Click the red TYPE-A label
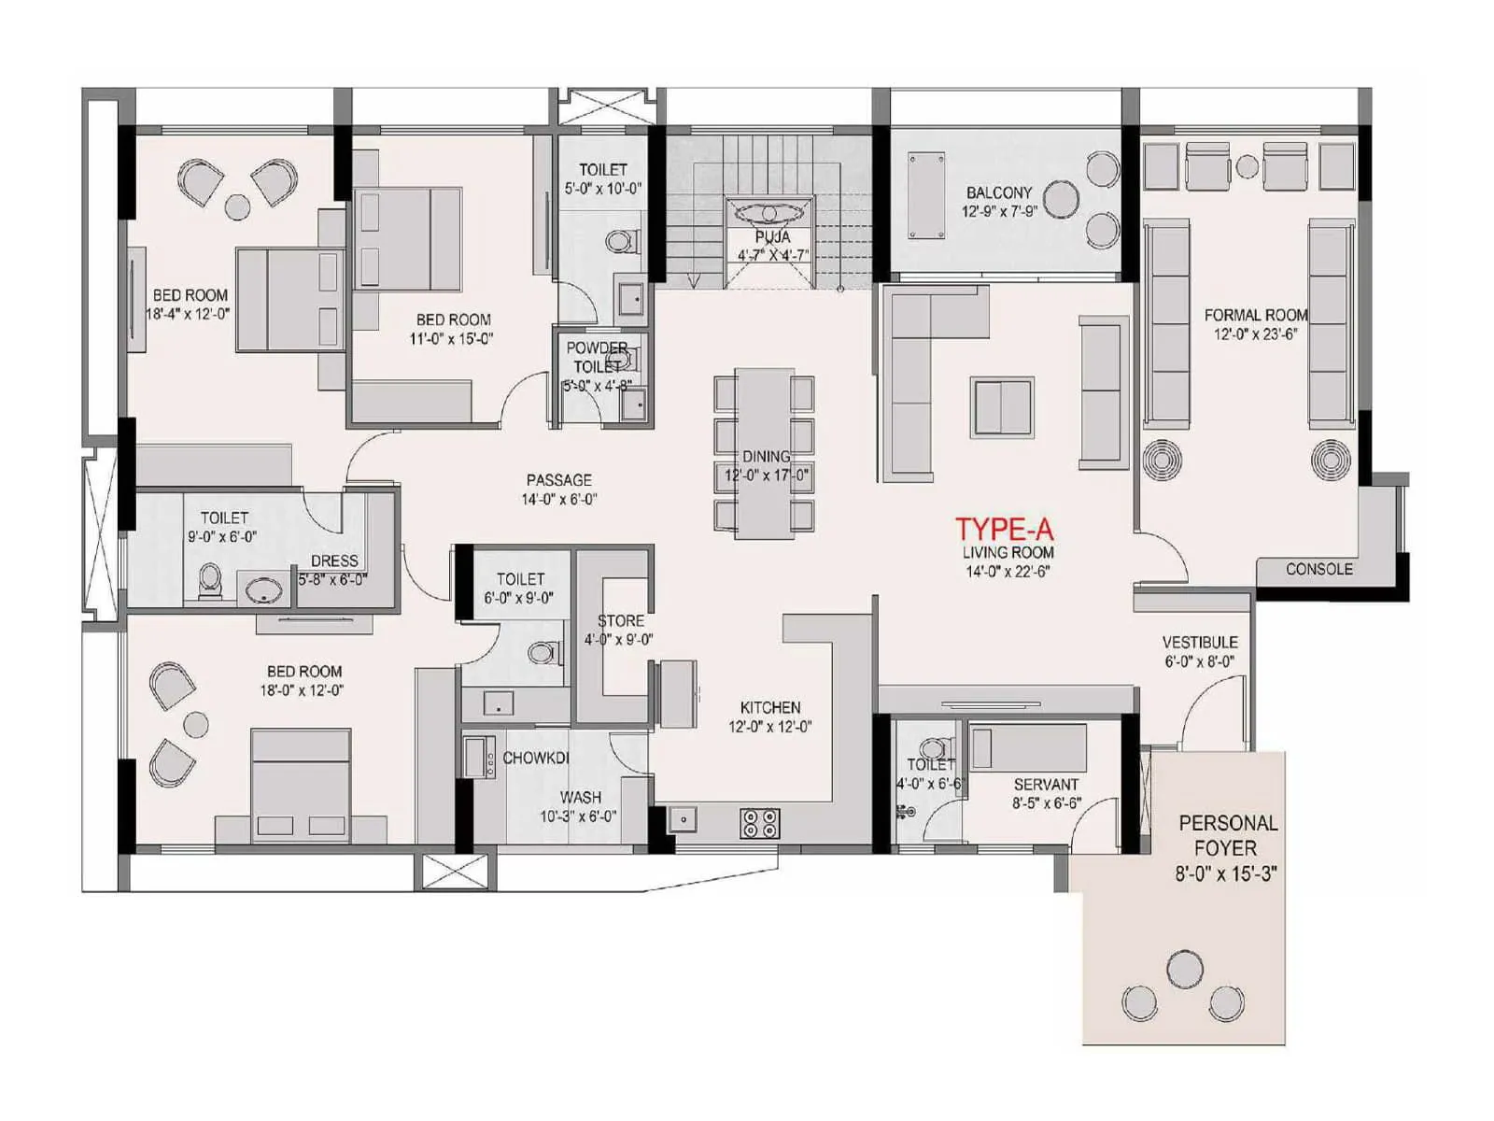[1004, 530]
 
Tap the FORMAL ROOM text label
[1255, 315]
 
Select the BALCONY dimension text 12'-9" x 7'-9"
[999, 212]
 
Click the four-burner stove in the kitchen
[759, 823]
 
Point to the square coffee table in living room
[1002, 406]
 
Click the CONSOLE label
[1318, 569]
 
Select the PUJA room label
[772, 237]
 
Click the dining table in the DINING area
[764, 454]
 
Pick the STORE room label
[620, 620]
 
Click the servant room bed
[1027, 746]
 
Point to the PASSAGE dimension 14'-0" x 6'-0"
[558, 500]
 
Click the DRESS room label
[334, 560]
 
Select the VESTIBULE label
[1200, 643]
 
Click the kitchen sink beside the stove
[683, 819]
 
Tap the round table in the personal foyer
[1185, 969]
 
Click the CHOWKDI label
[535, 758]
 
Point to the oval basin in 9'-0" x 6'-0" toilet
[263, 589]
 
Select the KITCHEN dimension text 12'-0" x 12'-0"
[769, 727]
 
